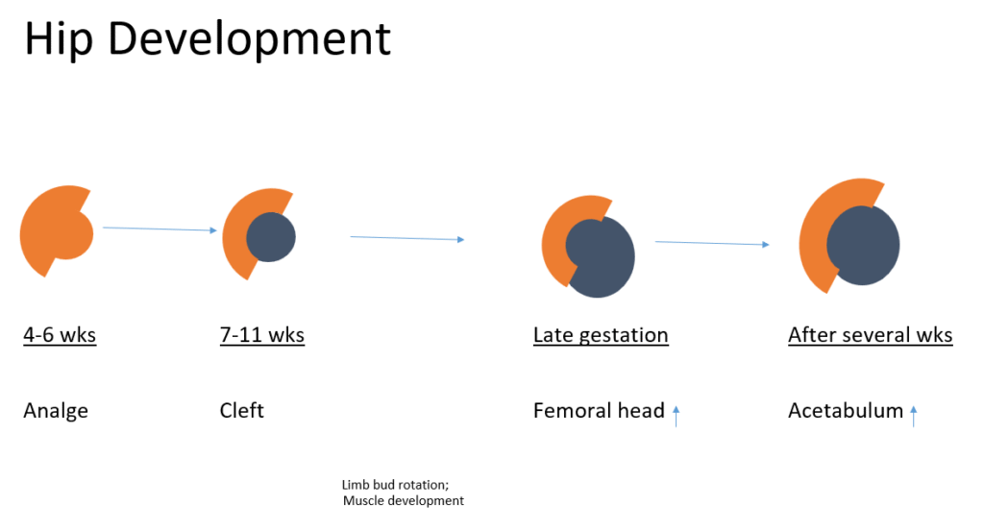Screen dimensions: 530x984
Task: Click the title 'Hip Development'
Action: (207, 39)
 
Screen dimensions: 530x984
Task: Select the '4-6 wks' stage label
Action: (60, 335)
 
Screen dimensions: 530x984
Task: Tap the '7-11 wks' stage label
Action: (261, 335)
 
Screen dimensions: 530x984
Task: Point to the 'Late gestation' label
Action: (601, 335)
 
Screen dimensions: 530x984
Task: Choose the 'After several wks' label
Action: (870, 335)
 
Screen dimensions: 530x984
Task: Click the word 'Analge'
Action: (56, 412)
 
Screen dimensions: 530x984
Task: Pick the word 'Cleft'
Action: (241, 411)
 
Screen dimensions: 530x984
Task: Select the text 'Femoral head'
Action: (599, 411)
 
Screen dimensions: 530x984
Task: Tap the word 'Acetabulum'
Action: (846, 411)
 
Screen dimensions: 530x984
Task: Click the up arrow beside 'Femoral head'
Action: (676, 415)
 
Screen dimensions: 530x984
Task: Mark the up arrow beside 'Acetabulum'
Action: (913, 415)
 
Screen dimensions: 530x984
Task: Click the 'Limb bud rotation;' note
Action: (394, 485)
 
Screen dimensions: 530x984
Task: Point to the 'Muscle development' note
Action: (403, 500)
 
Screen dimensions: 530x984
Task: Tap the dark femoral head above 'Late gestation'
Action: (603, 258)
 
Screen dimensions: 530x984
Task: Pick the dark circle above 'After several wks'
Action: (863, 245)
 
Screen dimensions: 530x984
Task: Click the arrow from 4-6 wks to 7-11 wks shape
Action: (160, 229)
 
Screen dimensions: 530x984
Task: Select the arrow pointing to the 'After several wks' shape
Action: (712, 243)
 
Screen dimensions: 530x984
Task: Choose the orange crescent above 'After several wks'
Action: (815, 235)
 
